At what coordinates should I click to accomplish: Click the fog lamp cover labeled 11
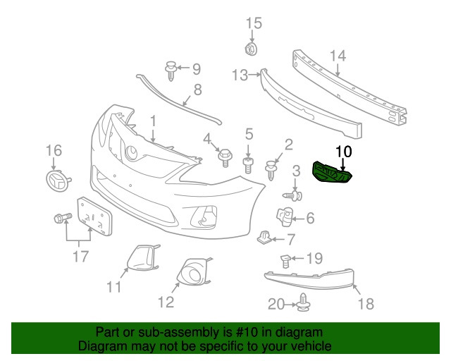click(x=141, y=257)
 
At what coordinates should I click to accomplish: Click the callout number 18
click(x=365, y=304)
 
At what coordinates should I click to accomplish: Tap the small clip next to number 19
click(x=285, y=261)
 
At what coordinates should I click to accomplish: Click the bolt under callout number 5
click(x=248, y=166)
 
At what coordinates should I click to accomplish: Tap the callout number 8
click(x=197, y=90)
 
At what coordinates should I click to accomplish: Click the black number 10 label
click(x=343, y=150)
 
